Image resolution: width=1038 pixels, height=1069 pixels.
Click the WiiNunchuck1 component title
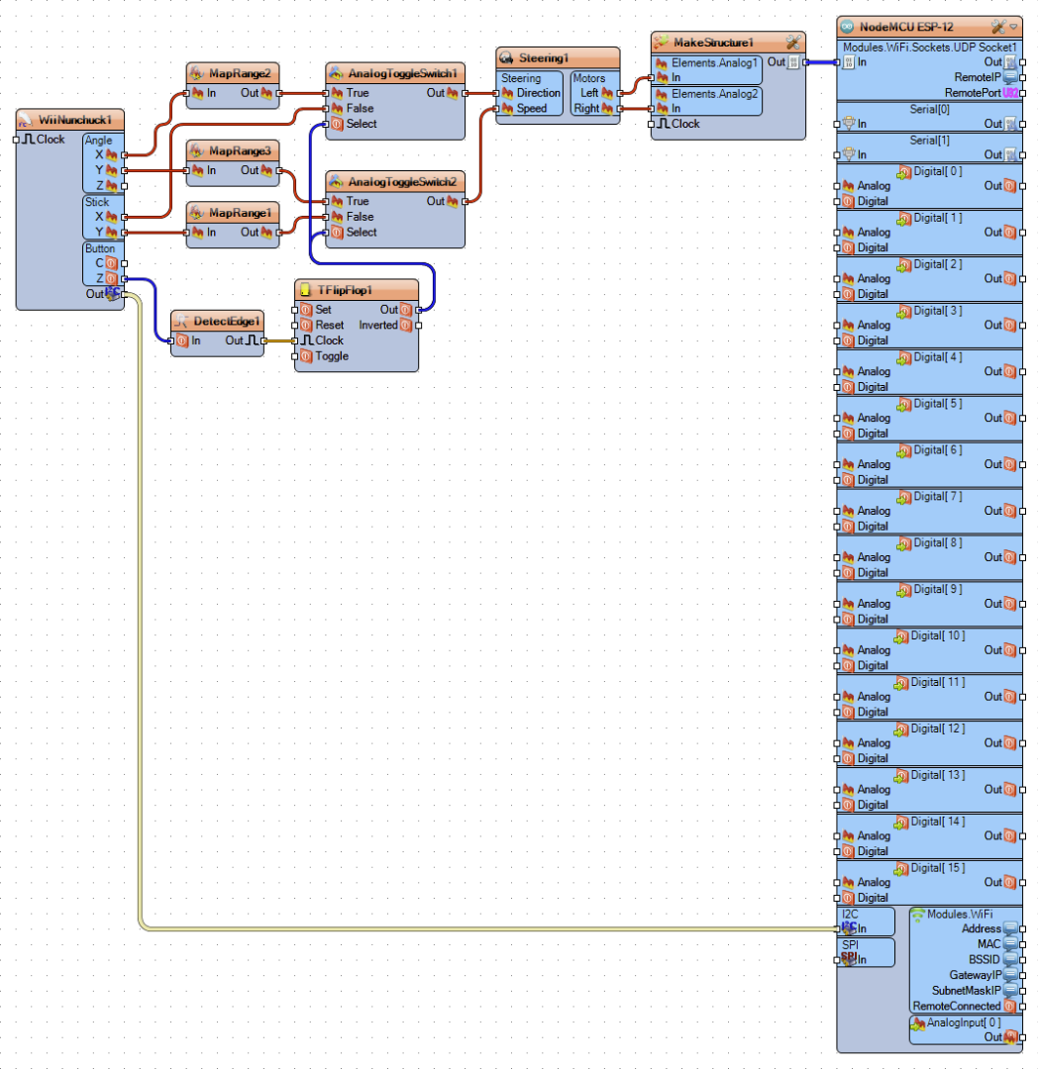pyautogui.click(x=74, y=120)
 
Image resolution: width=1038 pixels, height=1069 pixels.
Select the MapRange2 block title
pyautogui.click(x=240, y=73)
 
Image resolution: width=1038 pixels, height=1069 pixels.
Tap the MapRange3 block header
pyautogui.click(x=240, y=150)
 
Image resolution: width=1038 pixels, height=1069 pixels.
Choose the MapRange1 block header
pyautogui.click(x=240, y=213)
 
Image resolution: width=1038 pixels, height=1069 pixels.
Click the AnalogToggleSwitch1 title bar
pyautogui.click(x=402, y=73)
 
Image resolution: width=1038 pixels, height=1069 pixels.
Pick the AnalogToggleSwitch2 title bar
pyautogui.click(x=402, y=182)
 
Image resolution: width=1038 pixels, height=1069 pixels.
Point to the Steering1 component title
pyautogui.click(x=543, y=58)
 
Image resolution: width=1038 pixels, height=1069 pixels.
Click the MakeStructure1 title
pyautogui.click(x=713, y=43)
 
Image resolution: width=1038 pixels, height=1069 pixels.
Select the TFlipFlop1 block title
pyautogui.click(x=345, y=290)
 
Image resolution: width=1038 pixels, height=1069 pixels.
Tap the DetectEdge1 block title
pyautogui.click(x=227, y=321)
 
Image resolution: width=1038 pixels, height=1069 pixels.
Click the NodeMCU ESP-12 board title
pyautogui.click(x=905, y=28)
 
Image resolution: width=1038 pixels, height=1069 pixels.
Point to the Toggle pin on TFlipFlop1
pyautogui.click(x=332, y=356)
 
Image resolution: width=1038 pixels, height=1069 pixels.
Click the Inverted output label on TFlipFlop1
pyautogui.click(x=377, y=326)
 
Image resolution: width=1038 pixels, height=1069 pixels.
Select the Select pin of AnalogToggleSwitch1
pyautogui.click(x=361, y=124)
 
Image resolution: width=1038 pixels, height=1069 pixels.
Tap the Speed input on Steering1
pyautogui.click(x=531, y=109)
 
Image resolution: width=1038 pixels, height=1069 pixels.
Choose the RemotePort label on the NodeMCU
pyautogui.click(x=973, y=93)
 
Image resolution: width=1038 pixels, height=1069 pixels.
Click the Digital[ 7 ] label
pyautogui.click(x=938, y=496)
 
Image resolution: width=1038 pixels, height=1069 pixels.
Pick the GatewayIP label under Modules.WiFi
pyautogui.click(x=976, y=975)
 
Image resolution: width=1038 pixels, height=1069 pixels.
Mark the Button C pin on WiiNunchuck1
pyautogui.click(x=100, y=263)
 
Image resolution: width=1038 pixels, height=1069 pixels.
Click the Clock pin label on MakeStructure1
pyautogui.click(x=685, y=124)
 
